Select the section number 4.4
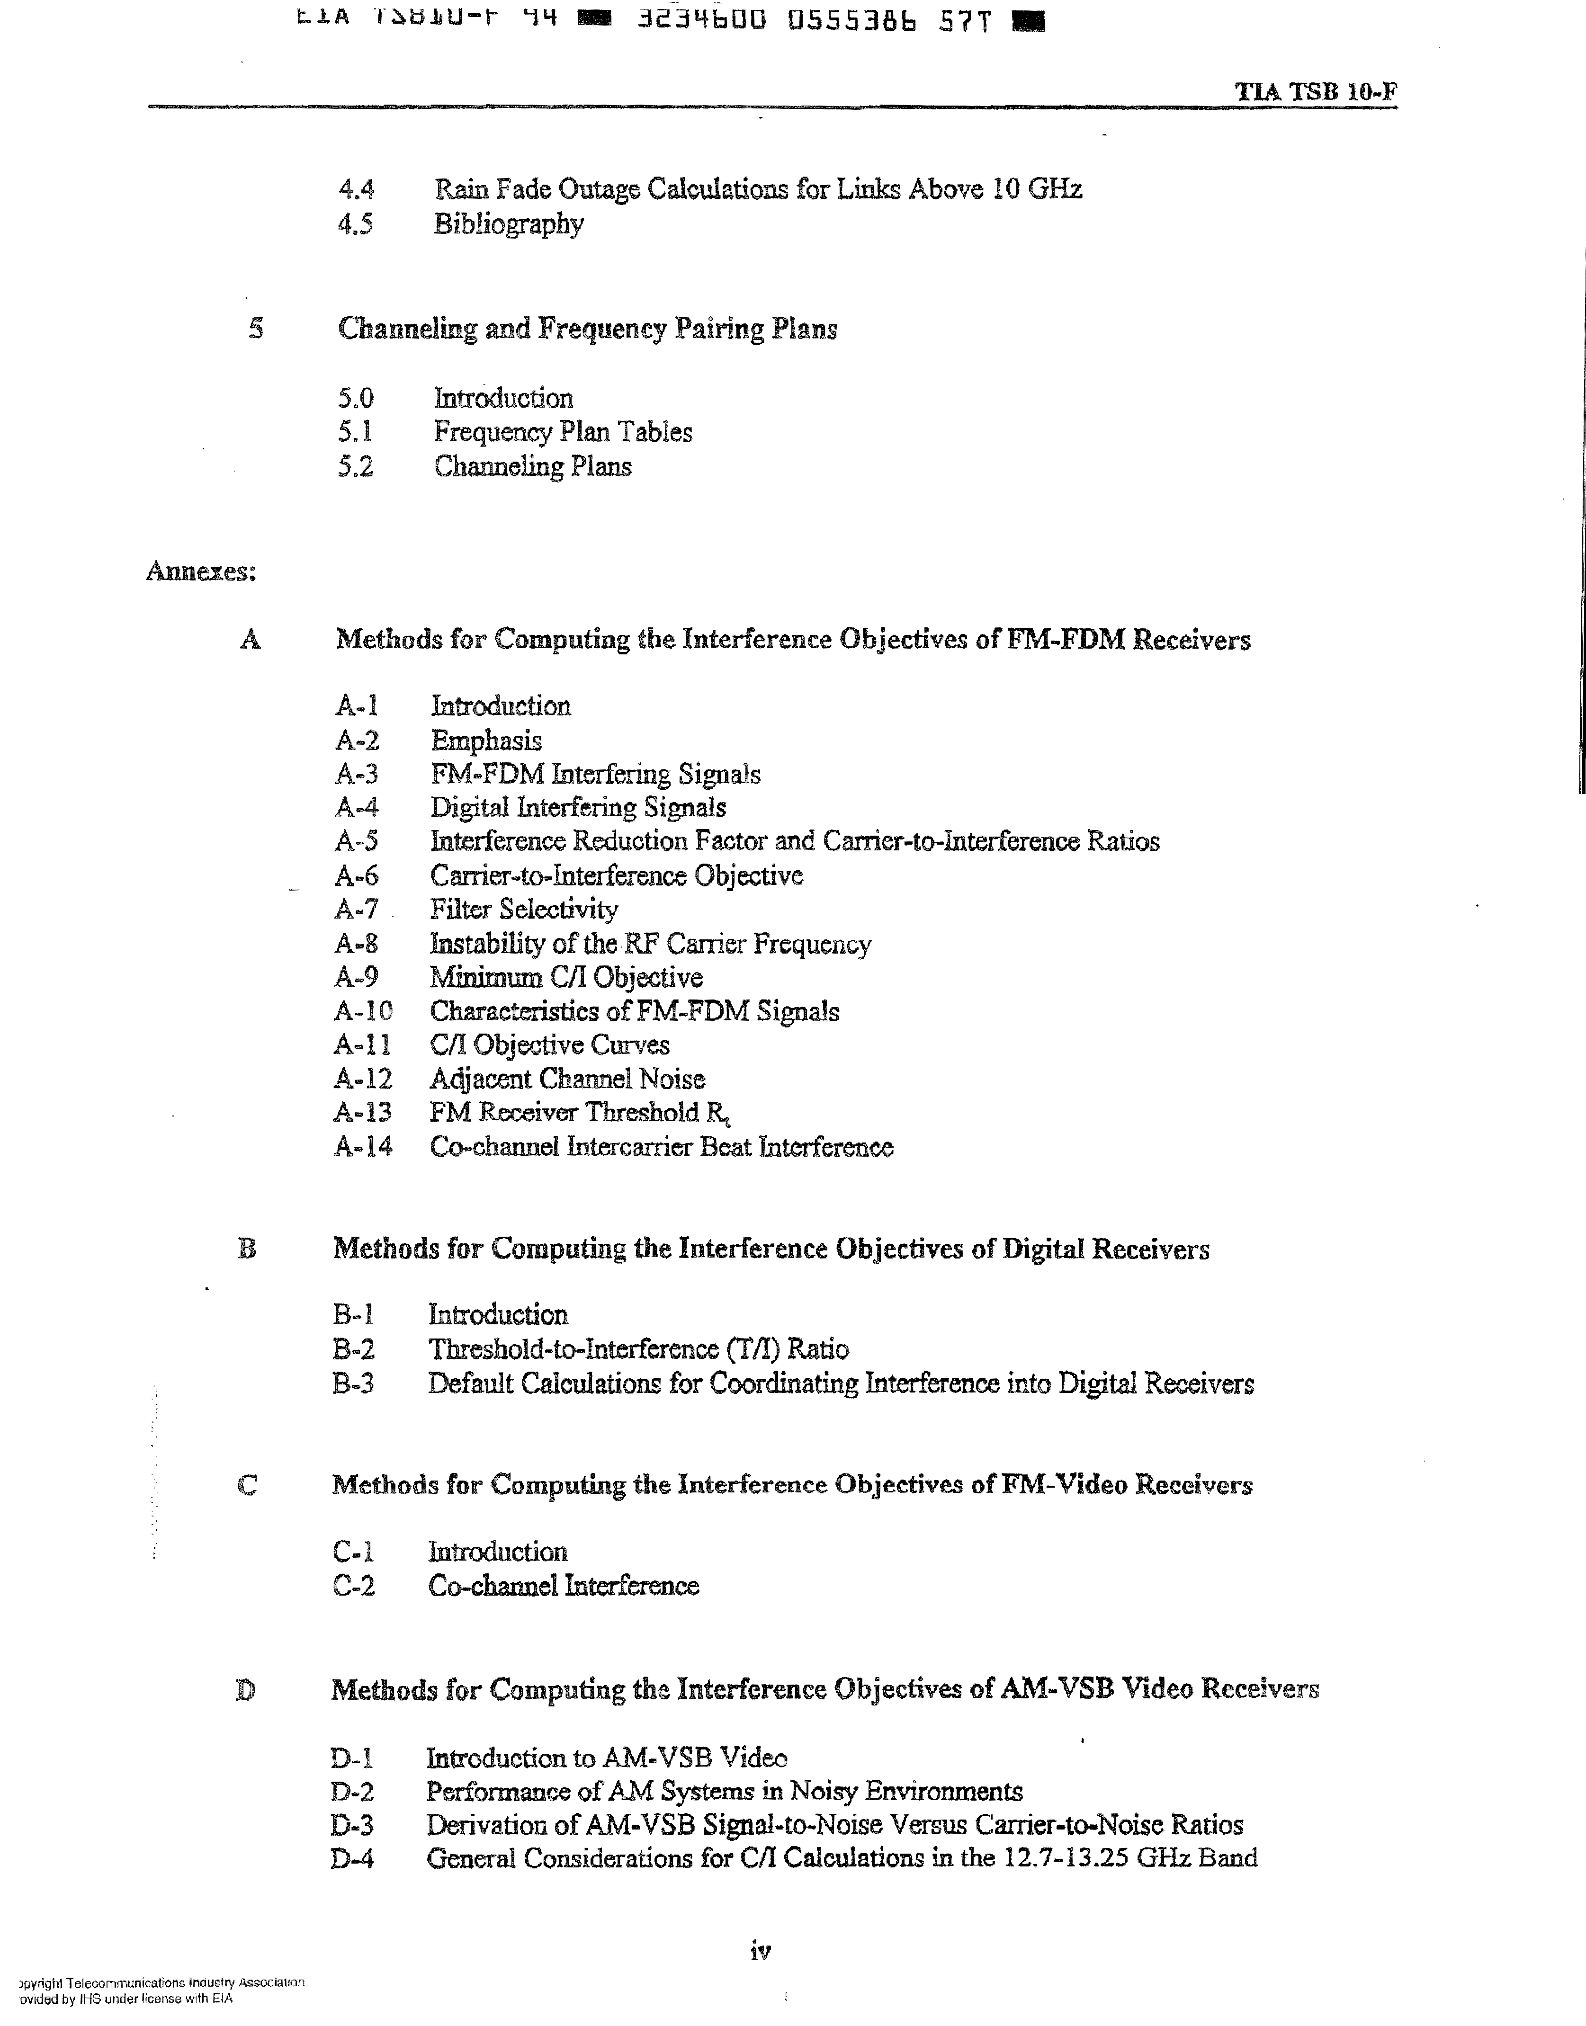click(x=356, y=189)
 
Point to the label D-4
click(x=352, y=1859)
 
